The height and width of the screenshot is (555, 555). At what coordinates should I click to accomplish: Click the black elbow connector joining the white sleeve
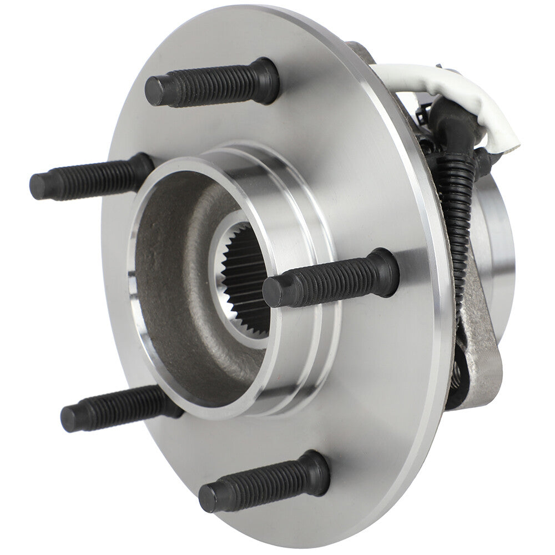[x=452, y=119]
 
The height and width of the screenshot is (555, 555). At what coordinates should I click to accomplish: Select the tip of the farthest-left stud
[x=38, y=186]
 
